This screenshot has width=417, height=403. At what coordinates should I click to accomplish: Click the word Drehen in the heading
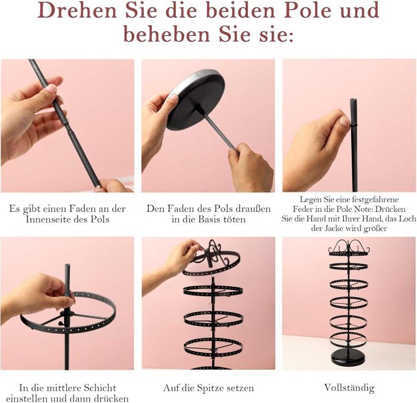point(77,11)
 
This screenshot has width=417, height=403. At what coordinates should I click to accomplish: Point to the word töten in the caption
point(235,219)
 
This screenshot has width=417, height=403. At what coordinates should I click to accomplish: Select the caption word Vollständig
point(349,388)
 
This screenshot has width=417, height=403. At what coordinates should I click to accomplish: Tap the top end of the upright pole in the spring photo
point(353,100)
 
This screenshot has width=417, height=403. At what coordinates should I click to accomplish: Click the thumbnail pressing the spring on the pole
point(345,121)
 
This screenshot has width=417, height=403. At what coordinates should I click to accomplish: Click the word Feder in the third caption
point(303,209)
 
